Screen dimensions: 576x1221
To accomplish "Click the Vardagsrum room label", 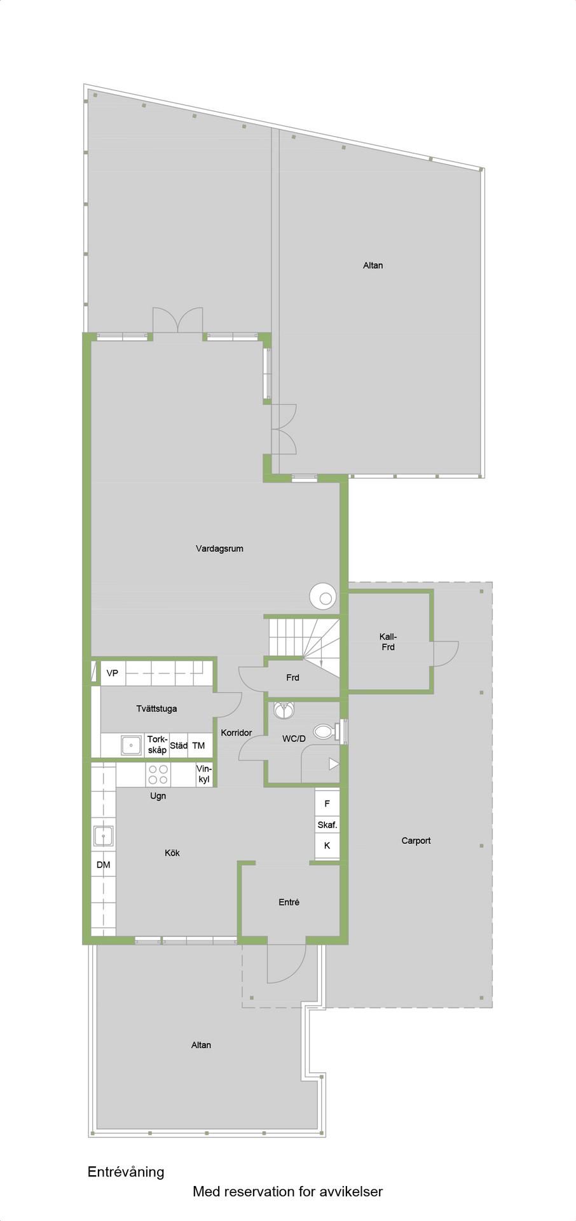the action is click(219, 549).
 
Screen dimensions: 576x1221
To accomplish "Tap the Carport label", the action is click(416, 841).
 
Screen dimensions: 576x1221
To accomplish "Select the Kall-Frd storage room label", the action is click(388, 642).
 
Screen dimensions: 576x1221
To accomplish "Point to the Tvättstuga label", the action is click(156, 708).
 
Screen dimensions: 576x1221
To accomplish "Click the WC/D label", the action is click(294, 739).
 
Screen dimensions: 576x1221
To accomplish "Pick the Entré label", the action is click(289, 902).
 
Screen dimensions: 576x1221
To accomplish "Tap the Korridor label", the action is click(237, 733).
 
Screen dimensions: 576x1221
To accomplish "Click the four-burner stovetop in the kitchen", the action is click(158, 775).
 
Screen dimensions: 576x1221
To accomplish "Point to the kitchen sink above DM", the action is click(104, 836).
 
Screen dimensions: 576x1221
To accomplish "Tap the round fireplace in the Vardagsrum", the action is click(324, 597).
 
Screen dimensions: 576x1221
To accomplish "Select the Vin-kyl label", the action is click(203, 774).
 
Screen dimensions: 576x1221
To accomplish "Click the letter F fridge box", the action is click(327, 804).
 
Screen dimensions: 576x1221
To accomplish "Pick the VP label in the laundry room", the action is click(113, 673).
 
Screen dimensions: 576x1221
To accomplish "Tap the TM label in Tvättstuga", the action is click(198, 745).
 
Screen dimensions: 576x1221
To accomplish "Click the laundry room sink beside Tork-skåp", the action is click(131, 745).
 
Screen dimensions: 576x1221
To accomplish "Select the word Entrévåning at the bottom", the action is click(126, 1172).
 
